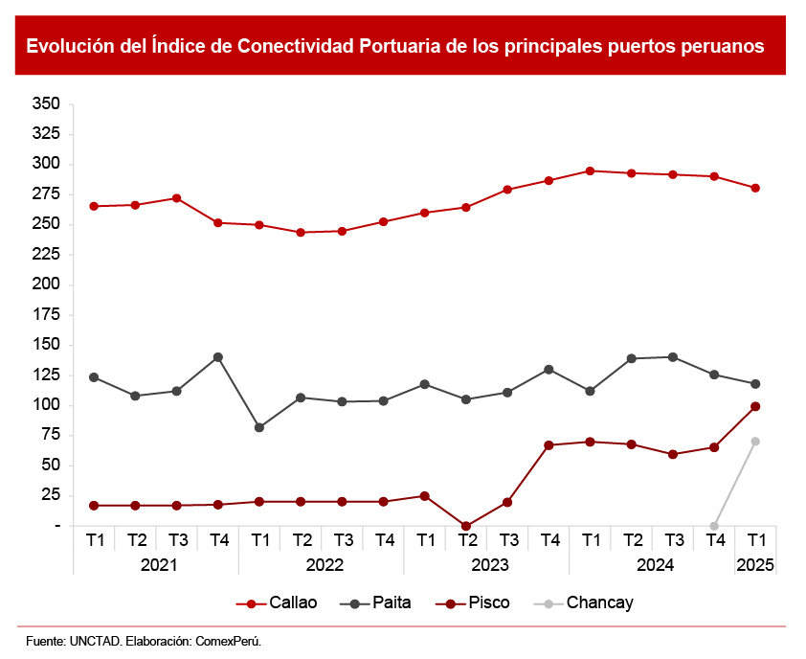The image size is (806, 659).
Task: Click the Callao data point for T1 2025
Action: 755,188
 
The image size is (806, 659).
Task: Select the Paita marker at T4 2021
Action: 218,357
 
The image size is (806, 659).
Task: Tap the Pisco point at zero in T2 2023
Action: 466,526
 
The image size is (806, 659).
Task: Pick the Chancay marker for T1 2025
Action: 755,442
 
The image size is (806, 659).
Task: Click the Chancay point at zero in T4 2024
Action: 714,526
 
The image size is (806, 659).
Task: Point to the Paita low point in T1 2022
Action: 259,427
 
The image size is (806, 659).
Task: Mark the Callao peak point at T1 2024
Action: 590,171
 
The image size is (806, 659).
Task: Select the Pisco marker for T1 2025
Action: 755,406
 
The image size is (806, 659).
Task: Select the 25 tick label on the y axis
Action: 50,495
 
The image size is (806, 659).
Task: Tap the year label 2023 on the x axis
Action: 487,565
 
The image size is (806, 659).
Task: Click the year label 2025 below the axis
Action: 755,565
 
